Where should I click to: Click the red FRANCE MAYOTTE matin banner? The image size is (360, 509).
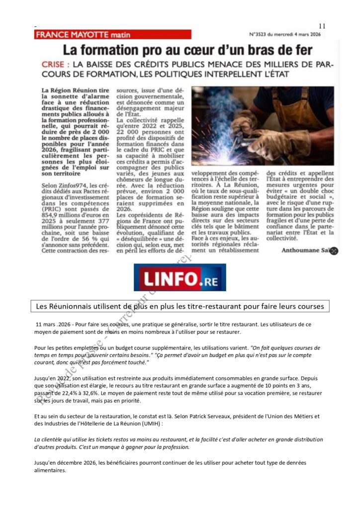(x=112, y=34)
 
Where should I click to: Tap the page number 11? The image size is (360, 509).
(x=322, y=26)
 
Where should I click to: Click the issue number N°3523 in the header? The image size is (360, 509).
(x=261, y=35)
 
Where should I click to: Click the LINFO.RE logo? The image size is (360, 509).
(x=180, y=277)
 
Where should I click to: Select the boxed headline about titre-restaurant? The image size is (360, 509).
(x=180, y=306)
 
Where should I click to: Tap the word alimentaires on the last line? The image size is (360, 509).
(x=50, y=470)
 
